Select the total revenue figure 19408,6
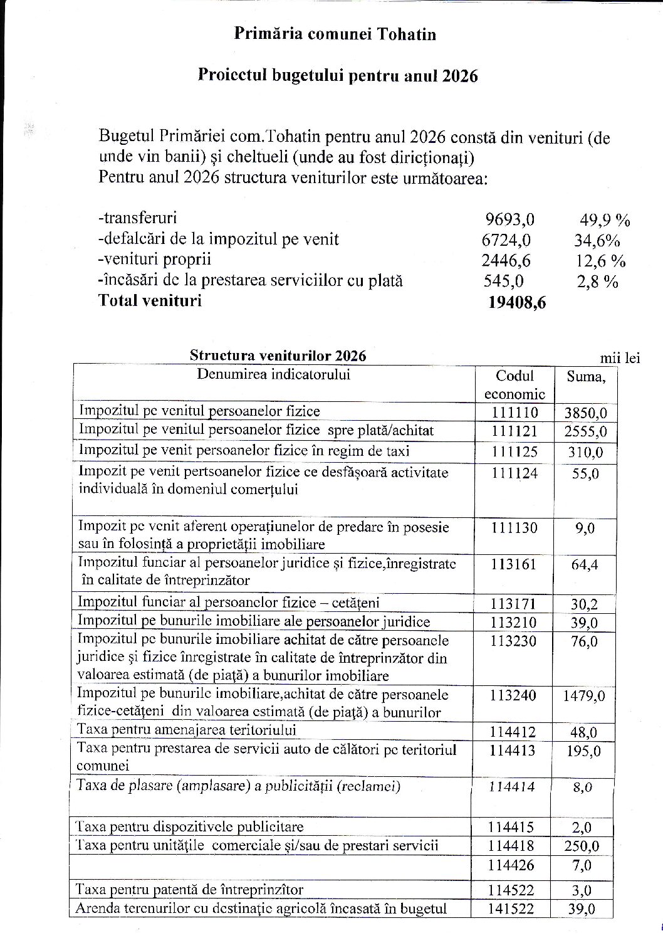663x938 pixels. [516, 303]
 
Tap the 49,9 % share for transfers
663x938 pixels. [604, 219]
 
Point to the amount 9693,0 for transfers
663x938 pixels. [509, 219]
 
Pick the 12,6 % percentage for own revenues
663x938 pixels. [600, 261]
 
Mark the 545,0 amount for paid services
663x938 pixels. [503, 282]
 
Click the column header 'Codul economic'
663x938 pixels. [514, 384]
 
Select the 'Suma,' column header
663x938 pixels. [586, 376]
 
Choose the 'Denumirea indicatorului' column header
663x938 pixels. [274, 375]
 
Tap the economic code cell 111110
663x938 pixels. [514, 412]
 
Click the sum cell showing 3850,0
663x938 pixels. [585, 413]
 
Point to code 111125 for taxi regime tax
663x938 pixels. [514, 451]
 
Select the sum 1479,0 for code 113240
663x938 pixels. [584, 696]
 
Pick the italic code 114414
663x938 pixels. [513, 786]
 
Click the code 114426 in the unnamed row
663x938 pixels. [513, 866]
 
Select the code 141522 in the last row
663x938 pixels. [513, 909]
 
